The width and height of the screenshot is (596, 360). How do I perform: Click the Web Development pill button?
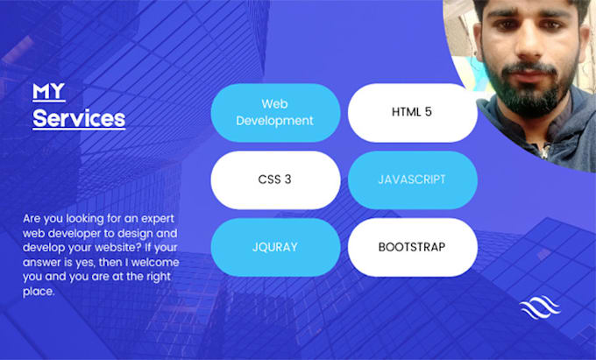tap(275, 112)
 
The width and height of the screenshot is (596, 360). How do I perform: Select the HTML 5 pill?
tap(412, 112)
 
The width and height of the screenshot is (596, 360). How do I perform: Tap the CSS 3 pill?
tap(275, 180)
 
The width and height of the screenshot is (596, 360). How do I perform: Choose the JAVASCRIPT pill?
tap(412, 180)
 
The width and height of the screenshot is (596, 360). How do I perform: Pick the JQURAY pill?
tap(275, 247)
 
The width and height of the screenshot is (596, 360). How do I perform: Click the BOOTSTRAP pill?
tap(412, 247)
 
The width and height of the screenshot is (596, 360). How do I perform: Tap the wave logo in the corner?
tap(539, 308)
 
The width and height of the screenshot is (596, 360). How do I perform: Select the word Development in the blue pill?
tap(275, 121)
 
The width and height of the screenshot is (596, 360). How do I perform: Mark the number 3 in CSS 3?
tap(288, 180)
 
